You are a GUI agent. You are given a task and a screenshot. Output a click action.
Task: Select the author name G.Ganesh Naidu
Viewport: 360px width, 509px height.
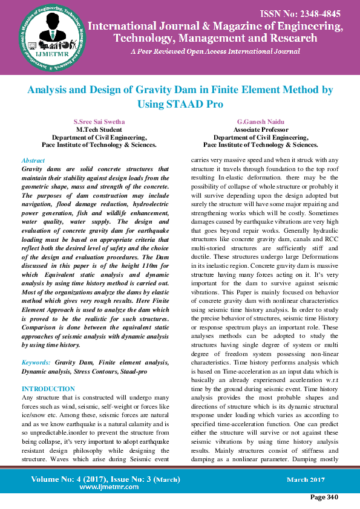tap(261, 122)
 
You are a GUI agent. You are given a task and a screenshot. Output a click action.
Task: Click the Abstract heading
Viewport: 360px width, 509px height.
tap(33, 161)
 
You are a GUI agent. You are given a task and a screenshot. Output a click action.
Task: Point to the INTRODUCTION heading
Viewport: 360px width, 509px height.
tap(48, 389)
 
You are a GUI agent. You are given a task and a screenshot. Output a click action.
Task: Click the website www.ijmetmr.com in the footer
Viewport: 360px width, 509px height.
tap(106, 486)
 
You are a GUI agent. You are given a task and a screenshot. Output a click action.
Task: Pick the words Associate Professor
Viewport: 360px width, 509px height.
tap(261, 129)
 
